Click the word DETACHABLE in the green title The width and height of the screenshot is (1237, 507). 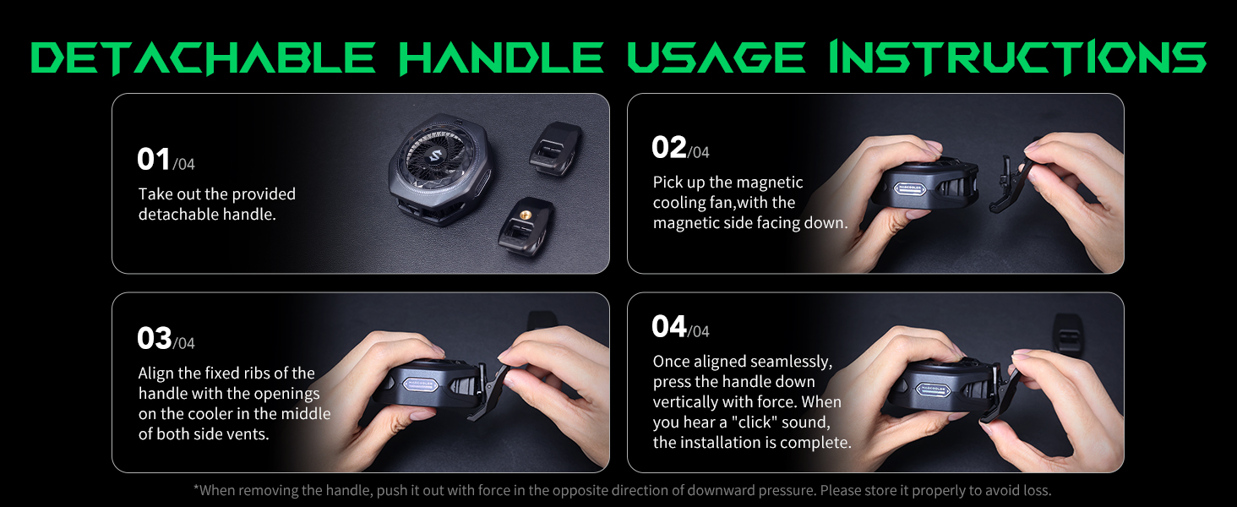tap(204, 57)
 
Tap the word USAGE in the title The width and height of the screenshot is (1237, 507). tap(717, 57)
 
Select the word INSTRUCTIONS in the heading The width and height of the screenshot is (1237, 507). tap(1018, 57)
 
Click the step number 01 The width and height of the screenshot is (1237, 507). tap(154, 159)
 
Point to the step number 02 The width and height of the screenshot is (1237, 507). tap(668, 148)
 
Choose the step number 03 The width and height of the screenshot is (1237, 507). tap(154, 338)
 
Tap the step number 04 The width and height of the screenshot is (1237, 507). tap(668, 326)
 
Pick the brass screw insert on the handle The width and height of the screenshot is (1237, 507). tap(524, 213)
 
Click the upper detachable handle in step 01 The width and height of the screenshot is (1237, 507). tap(555, 149)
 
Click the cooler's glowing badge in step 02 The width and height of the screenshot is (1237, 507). tap(910, 188)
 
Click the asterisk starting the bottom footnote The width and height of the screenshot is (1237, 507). tap(196, 488)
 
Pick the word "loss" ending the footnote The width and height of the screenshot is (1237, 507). tap(1036, 490)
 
